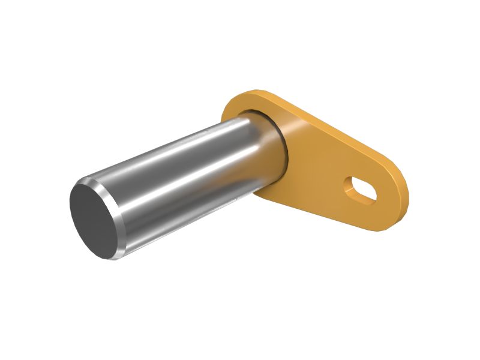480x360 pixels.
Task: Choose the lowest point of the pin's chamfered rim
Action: tap(108, 259)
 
